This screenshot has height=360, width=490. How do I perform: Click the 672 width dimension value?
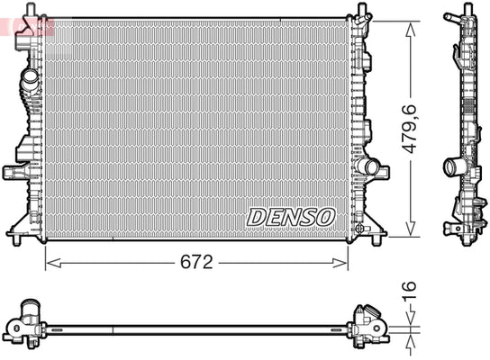[196, 262]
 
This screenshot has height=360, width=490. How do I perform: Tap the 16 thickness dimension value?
[409, 292]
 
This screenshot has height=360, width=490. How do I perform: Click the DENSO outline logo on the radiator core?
[291, 217]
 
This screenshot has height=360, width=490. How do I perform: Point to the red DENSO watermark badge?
[27, 27]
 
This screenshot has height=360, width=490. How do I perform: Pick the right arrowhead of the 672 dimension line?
[340, 263]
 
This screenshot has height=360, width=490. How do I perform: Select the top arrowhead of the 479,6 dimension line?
[411, 29]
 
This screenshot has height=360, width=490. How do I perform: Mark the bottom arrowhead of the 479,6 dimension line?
[411, 229]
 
